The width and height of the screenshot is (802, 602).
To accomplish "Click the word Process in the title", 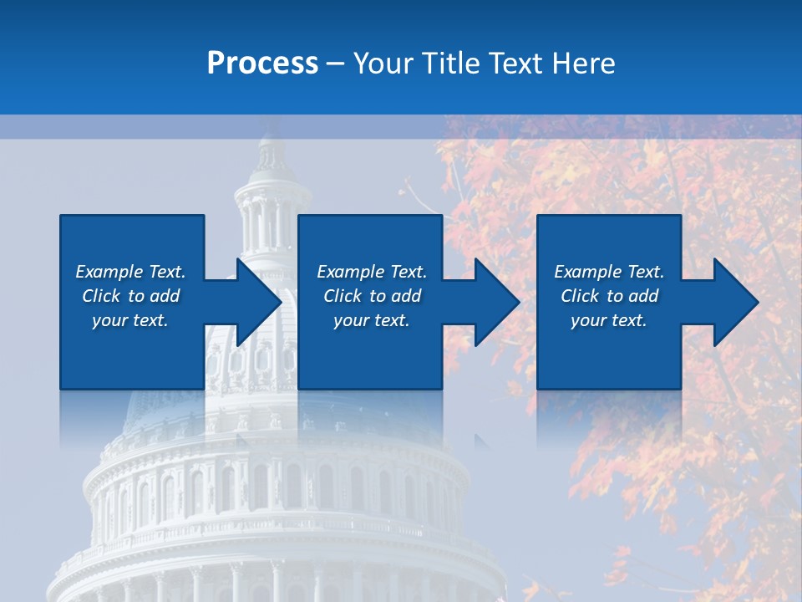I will coord(262,64).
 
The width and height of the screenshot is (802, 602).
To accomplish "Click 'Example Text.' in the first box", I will coord(130,272).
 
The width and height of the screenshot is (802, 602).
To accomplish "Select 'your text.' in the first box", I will coord(130,320).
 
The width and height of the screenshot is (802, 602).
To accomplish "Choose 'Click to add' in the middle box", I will coord(372,296).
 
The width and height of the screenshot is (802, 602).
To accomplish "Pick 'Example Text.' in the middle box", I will coord(372,272).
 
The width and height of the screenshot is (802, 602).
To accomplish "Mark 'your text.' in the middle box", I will coord(372,320).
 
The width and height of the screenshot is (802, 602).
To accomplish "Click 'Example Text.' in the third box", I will coord(609,272).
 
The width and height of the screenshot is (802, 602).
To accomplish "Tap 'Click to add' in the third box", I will coord(609,296).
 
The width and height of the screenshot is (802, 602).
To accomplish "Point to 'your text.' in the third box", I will coord(609,320).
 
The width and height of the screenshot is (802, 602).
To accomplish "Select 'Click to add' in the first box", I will coord(130,296).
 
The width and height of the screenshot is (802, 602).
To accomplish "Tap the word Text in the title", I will coord(513,64).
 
